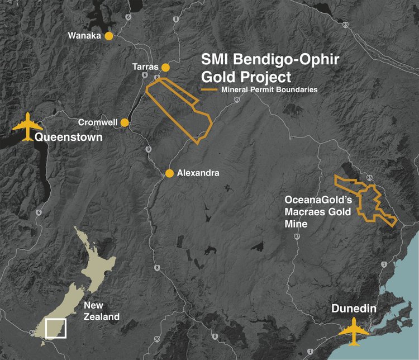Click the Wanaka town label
point(84,36)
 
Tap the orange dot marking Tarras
point(165,67)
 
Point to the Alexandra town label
point(198,173)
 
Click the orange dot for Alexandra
point(169,173)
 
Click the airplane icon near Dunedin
point(354,330)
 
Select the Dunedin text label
point(356,309)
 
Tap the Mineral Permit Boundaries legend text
point(269,89)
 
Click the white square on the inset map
point(56,328)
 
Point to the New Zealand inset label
point(101,311)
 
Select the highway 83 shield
point(346,25)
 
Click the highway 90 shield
point(156,339)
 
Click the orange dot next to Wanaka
point(109,36)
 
